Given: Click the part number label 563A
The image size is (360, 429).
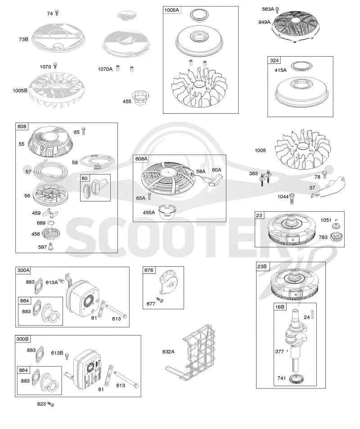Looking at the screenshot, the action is pos(268,9).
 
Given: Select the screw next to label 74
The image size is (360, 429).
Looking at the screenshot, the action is pos(57,13).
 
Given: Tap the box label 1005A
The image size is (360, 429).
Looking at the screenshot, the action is pos(171,10).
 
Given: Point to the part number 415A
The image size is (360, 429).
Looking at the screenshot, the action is pos(280,70).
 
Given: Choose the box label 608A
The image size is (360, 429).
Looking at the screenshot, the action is pos(141,159).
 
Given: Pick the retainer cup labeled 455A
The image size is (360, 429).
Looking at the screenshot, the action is pos(167,212).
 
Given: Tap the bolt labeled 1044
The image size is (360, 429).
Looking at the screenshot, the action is pos(292,199).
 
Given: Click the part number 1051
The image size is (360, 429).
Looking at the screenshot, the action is pos(326,220).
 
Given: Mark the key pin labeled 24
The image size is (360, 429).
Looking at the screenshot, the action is pos(313,316).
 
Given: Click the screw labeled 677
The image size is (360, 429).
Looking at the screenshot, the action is pos(160,300).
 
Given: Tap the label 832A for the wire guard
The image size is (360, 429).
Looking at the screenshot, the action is pos(168,352).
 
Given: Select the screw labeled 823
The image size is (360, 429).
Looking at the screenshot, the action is pos(50,404).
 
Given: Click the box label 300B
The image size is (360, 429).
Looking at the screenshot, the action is pos(22,339).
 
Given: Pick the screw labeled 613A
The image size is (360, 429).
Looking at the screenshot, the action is pos(62,281).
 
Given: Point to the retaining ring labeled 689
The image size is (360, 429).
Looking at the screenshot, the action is pos(51,223).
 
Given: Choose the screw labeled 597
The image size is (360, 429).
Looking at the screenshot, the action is pos(50,246).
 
